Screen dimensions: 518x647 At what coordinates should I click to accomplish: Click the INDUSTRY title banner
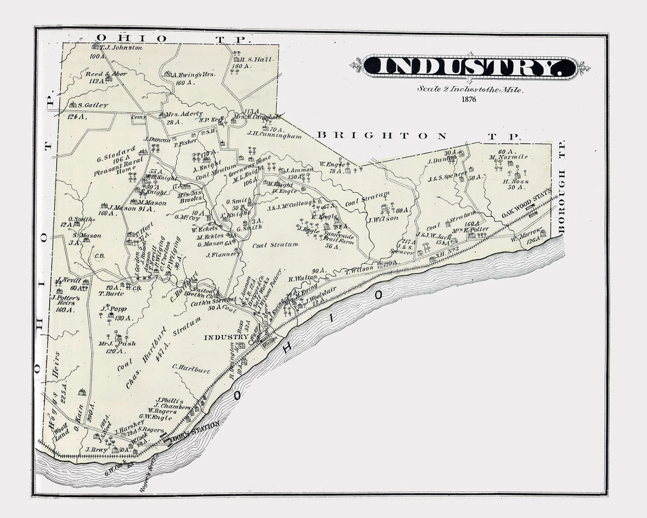coord(469,67)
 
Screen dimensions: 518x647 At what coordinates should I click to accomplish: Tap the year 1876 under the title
coord(469,99)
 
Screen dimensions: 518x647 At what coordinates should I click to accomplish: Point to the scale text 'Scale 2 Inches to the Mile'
coord(469,90)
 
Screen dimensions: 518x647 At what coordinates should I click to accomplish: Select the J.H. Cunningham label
coord(274,135)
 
